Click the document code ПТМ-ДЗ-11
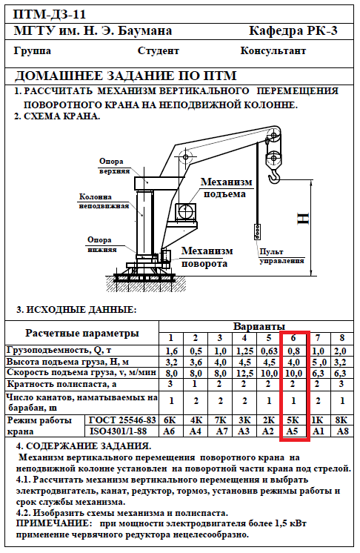[x=50, y=15]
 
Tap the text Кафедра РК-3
[x=293, y=30]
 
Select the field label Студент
[x=159, y=51]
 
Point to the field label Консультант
[x=273, y=51]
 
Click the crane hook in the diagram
[x=274, y=175]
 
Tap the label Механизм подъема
[x=226, y=188]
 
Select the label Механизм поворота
[x=207, y=257]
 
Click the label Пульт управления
[x=281, y=256]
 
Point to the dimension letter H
[x=303, y=219]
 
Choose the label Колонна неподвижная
[x=104, y=202]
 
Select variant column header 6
[x=293, y=338]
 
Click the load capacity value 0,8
[x=293, y=351]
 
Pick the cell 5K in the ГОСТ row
[x=293, y=420]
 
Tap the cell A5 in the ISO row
[x=293, y=431]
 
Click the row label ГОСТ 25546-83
[x=122, y=420]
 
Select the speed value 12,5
[x=244, y=373]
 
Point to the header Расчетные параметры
[x=82, y=334]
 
